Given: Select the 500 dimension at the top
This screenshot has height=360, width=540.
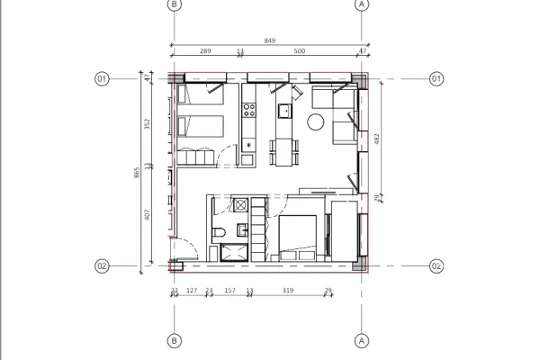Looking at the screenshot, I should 299,52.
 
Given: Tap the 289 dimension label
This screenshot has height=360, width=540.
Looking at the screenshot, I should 204,52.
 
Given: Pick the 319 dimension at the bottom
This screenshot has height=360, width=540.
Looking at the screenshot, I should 288,291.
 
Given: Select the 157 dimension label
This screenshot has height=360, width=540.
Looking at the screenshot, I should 229,291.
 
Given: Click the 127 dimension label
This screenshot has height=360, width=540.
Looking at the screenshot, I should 191,291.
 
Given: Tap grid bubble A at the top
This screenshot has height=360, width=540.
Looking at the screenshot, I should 363,4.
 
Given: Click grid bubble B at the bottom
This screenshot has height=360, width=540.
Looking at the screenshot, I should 175,341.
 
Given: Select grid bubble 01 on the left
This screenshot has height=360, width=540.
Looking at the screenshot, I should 102,79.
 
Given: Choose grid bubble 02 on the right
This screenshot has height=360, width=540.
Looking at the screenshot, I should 436,266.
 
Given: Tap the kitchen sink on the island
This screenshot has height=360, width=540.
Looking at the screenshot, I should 283,112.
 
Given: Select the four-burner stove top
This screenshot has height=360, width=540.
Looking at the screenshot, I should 249,112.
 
